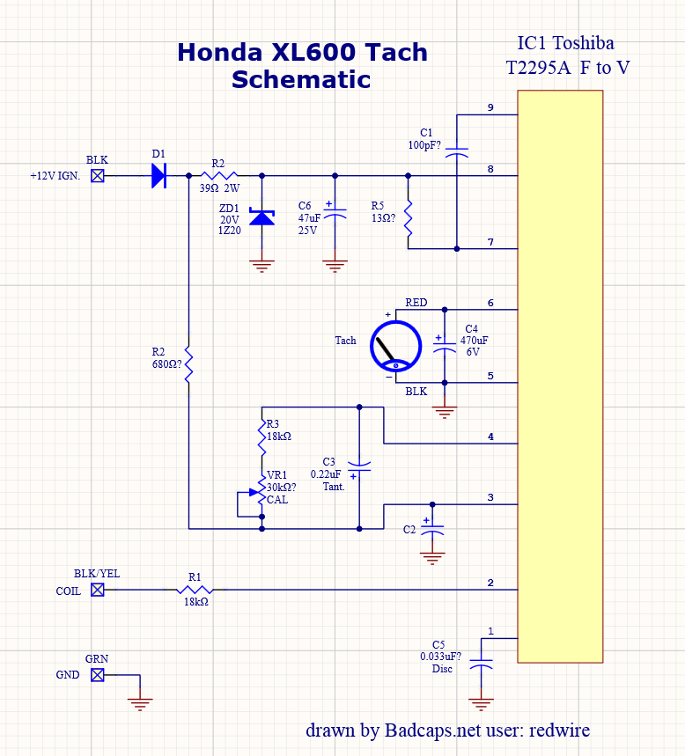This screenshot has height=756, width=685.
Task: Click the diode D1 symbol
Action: [158, 176]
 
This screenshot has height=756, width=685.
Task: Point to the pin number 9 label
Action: [490, 107]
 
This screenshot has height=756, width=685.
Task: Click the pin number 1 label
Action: [490, 631]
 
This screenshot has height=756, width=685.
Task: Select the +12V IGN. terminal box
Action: [98, 176]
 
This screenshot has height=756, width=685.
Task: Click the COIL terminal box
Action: [98, 591]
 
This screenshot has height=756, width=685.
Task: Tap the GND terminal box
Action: [98, 675]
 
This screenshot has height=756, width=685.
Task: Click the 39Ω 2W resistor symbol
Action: [219, 176]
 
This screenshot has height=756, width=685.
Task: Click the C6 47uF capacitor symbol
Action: [335, 215]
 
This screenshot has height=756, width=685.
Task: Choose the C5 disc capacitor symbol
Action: [480, 664]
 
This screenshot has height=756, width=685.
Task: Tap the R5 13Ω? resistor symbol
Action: [409, 218]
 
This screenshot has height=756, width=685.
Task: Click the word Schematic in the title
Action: [301, 79]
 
